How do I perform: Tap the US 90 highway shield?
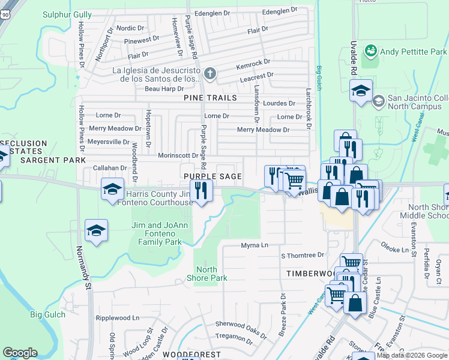pyautogui.click(x=4, y=18)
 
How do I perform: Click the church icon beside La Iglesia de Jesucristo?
pyautogui.click(x=209, y=74)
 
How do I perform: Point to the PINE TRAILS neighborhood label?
pyautogui.click(x=210, y=97)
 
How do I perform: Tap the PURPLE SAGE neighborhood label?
pyautogui.click(x=212, y=176)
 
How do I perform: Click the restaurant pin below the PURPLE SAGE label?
pyautogui.click(x=200, y=190)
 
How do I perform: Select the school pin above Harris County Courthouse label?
pyautogui.click(x=112, y=189)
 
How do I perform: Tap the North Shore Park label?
pyautogui.click(x=207, y=274)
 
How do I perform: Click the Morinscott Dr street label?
pyautogui.click(x=178, y=155)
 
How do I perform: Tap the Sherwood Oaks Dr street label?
pyautogui.click(x=240, y=326)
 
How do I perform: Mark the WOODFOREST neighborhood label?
pyautogui.click(x=191, y=355)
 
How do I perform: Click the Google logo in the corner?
pyautogui.click(x=20, y=353)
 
